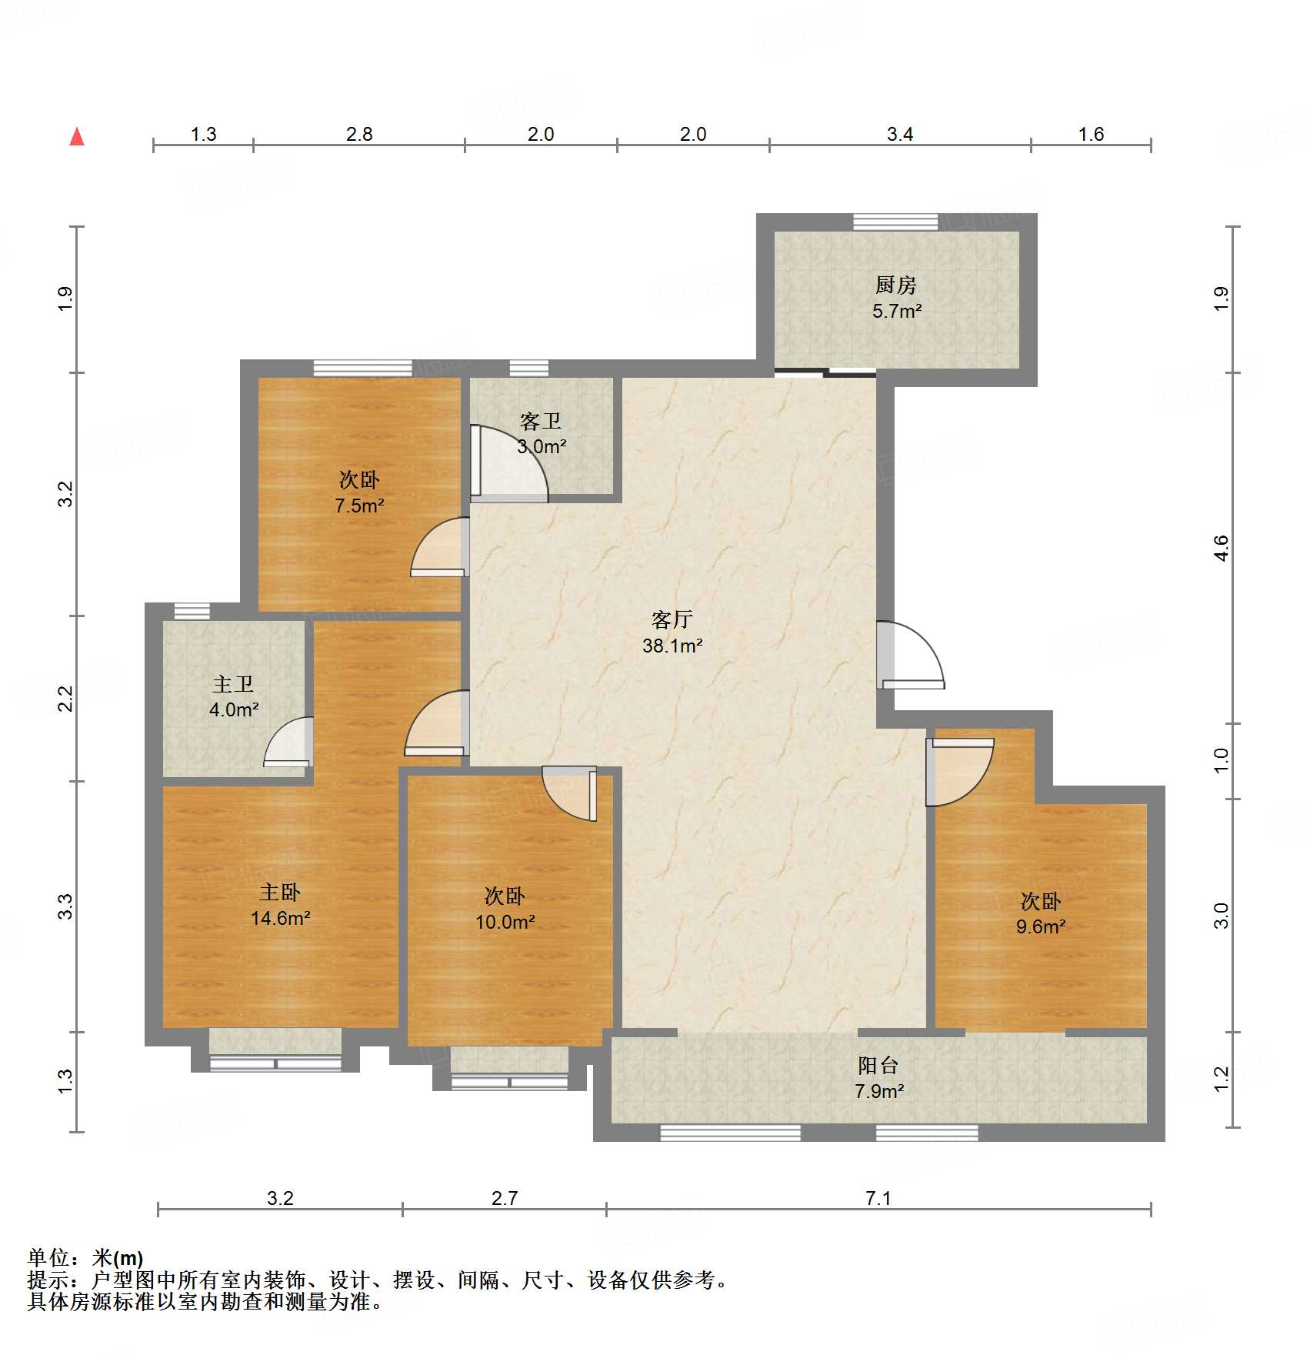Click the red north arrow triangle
coord(77,137)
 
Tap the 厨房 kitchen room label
coord(895,285)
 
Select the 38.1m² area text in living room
coord(672,646)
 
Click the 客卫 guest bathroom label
coord(540,422)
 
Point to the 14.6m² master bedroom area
coord(280,919)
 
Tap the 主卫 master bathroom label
coord(232,684)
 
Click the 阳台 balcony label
coord(878,1066)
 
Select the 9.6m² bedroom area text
coord(1040,927)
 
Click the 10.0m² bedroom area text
coord(505,923)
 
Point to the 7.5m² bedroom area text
coord(359,506)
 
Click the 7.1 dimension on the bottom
coord(878,1198)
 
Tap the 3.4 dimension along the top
coord(899,135)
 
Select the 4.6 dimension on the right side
coord(1221,548)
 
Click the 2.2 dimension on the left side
coord(66,699)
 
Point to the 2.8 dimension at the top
coord(358,135)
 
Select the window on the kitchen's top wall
coord(895,222)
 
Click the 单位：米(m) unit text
coord(85,1258)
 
